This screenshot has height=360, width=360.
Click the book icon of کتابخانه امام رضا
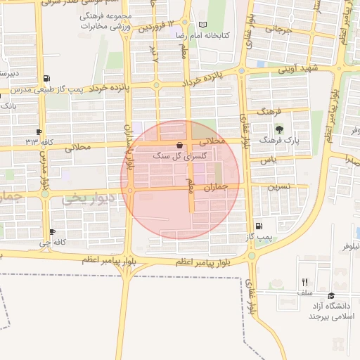[x=202, y=25]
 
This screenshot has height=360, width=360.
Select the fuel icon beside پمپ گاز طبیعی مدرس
[x=46, y=78]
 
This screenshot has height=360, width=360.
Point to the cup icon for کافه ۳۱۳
[x=39, y=131]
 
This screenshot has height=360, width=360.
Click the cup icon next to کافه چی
[x=52, y=232]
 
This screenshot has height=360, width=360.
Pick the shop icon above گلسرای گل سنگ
[x=179, y=146]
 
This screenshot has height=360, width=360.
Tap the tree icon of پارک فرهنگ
[x=279, y=129]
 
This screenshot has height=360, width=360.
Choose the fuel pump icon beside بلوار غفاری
[x=259, y=226]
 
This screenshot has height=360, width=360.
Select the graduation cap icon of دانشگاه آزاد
[x=332, y=296]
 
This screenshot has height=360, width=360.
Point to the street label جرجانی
[x=278, y=30]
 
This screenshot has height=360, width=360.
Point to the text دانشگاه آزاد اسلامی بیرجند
[x=333, y=311]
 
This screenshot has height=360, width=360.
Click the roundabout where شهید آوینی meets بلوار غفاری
[x=241, y=71]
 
